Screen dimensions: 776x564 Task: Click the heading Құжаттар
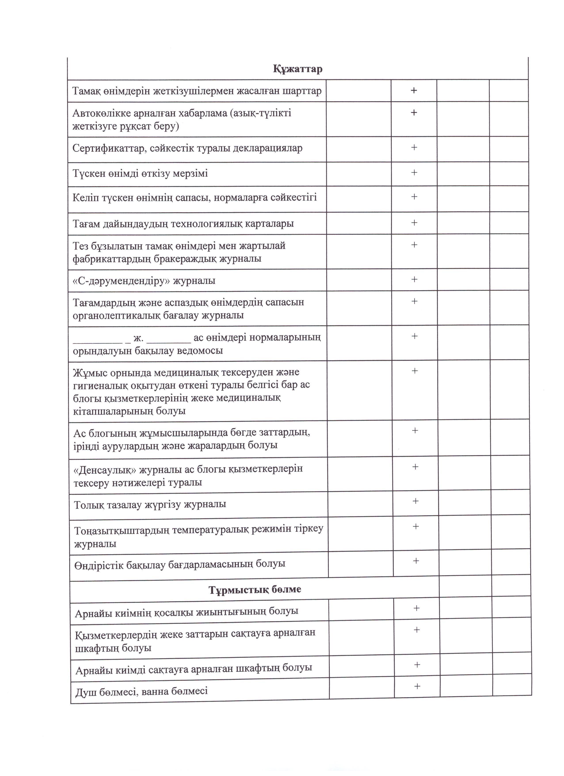coord(297,69)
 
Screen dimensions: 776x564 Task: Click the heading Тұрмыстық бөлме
coord(255,589)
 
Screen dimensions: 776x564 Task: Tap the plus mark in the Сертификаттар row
coord(414,147)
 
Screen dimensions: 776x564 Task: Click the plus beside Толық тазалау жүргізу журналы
coord(415,501)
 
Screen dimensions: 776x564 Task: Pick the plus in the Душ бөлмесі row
coord(417,686)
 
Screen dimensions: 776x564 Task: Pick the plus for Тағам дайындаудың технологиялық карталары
coord(414,223)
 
